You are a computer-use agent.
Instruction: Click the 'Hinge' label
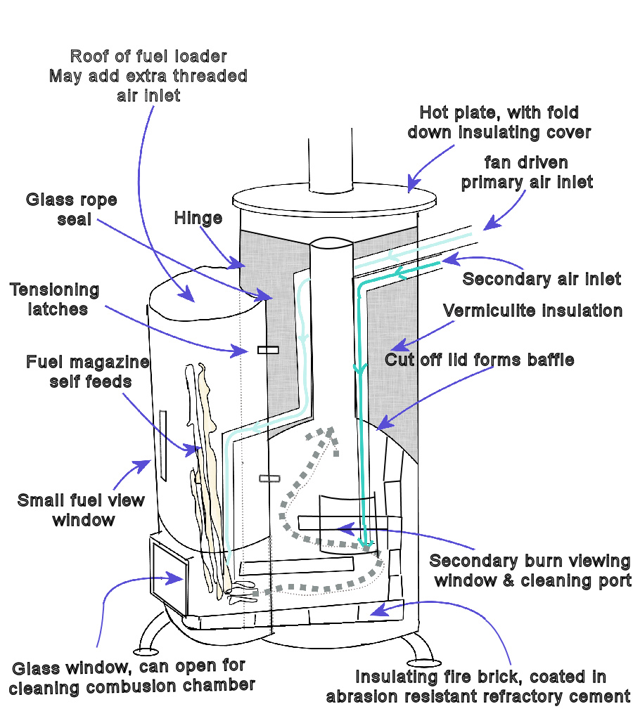pyautogui.click(x=198, y=219)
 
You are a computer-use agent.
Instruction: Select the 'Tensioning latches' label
pyautogui.click(x=55, y=299)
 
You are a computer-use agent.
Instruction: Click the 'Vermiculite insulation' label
pyautogui.click(x=532, y=311)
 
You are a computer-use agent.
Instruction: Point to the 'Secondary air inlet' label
pyautogui.click(x=542, y=279)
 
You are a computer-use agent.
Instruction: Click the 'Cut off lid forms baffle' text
pyautogui.click(x=479, y=360)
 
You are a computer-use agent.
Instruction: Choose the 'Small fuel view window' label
pyautogui.click(x=81, y=510)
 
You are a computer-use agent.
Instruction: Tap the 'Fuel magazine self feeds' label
pyautogui.click(x=88, y=372)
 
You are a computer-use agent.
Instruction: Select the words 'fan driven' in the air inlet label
pyautogui.click(x=526, y=163)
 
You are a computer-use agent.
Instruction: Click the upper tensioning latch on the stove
pyautogui.click(x=268, y=350)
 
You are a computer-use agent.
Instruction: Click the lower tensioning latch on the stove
pyautogui.click(x=269, y=479)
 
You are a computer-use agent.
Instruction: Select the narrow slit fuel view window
pyautogui.click(x=163, y=445)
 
